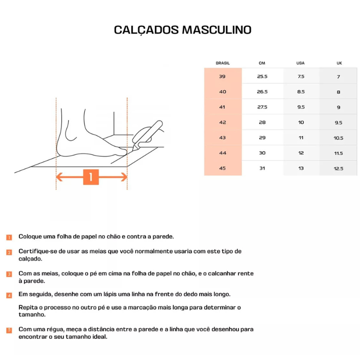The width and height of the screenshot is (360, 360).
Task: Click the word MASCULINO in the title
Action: (217, 30)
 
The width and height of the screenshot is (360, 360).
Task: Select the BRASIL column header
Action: (223, 63)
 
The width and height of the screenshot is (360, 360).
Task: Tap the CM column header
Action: (262, 63)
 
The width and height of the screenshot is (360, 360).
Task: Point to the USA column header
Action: (300, 63)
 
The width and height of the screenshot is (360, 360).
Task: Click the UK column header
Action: (339, 63)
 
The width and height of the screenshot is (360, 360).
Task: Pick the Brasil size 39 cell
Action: (222, 76)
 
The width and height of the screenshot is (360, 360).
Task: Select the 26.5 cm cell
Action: (262, 92)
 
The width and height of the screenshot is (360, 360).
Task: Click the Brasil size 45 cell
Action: (222, 168)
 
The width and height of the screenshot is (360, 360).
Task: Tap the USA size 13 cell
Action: (301, 168)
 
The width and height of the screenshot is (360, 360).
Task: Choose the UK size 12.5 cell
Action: (338, 168)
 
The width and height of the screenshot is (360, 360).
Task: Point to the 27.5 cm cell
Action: (262, 107)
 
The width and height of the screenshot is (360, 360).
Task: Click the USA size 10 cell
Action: (301, 122)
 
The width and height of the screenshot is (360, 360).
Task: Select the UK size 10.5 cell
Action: (338, 138)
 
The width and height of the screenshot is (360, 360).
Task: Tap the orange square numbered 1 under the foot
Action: (91, 177)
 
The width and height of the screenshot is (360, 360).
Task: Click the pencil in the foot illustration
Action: (148, 135)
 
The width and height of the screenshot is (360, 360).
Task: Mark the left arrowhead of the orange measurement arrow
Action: (59, 177)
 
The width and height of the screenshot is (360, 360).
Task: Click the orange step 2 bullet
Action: (9, 252)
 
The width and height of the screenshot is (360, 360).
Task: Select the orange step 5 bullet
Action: (9, 330)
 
